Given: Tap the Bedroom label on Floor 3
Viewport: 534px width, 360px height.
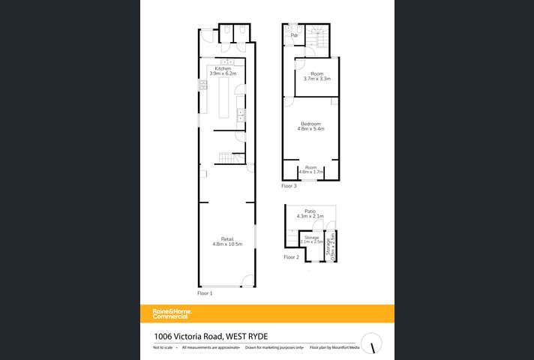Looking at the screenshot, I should pyautogui.click(x=310, y=124).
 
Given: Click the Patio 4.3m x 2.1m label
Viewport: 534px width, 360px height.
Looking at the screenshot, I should pyautogui.click(x=310, y=214).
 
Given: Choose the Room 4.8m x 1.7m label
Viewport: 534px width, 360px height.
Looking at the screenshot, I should pyautogui.click(x=310, y=169).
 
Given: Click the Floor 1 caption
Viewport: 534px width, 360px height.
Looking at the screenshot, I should pyautogui.click(x=205, y=293).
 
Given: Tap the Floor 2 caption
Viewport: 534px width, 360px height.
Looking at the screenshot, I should pyautogui.click(x=291, y=257).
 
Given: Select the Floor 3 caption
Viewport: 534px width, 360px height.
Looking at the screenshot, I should pyautogui.click(x=289, y=185).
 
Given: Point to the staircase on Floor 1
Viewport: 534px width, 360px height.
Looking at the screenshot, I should pyautogui.click(x=230, y=157).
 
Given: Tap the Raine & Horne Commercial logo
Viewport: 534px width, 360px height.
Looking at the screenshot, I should pyautogui.click(x=172, y=313).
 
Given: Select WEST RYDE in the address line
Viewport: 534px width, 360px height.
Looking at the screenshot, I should pyautogui.click(x=246, y=336).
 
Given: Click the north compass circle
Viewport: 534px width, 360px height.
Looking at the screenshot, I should pyautogui.click(x=372, y=343).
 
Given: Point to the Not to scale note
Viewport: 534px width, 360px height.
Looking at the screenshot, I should pyautogui.click(x=163, y=348).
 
